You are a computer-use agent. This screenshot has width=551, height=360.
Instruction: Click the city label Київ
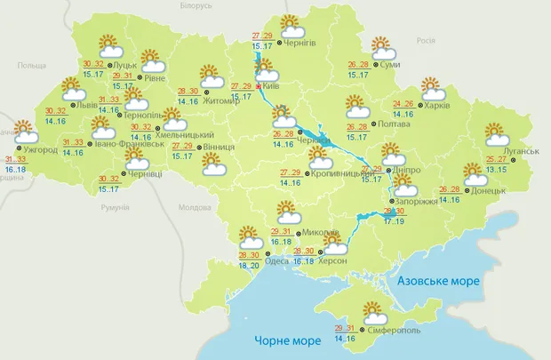pos(273,87)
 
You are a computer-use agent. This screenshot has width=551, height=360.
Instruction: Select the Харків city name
pos(436,106)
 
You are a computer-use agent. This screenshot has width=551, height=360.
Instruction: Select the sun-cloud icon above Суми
pos(383,47)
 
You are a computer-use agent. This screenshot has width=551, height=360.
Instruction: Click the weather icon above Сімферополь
pos(372,312)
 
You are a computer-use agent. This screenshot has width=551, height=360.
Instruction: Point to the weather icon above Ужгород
pos(24,133)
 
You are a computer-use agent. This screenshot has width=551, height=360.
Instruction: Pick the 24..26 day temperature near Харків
pos(403,103)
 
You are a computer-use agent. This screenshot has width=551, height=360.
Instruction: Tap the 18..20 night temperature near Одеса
pos(250,265)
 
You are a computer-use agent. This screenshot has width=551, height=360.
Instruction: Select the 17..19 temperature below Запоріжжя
pos(394,220)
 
